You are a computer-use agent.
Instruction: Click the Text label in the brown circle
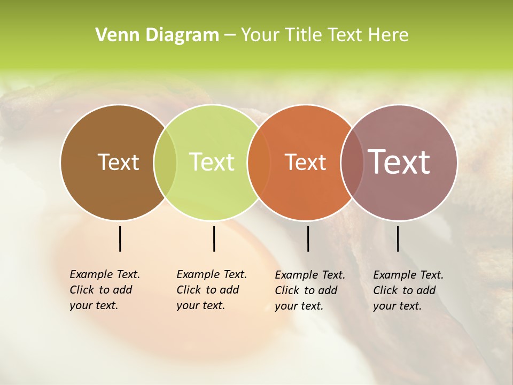pyautogui.click(x=118, y=162)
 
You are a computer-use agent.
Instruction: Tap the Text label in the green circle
pyautogui.click(x=212, y=162)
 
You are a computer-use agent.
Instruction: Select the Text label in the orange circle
pyautogui.click(x=305, y=162)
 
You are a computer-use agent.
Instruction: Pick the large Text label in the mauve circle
pyautogui.click(x=399, y=162)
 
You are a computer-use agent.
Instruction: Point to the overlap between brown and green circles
pyautogui.click(x=165, y=163)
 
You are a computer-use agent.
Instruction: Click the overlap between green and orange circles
pyautogui.click(x=259, y=163)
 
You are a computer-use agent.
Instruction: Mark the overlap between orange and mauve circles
pyautogui.click(x=352, y=163)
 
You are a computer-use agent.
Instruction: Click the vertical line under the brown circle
pyautogui.click(x=120, y=238)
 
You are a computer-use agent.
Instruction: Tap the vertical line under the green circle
pyautogui.click(x=214, y=238)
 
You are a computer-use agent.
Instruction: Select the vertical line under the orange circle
pyautogui.click(x=308, y=238)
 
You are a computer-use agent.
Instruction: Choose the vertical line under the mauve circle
pyautogui.click(x=398, y=238)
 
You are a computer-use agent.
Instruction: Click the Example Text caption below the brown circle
pyautogui.click(x=104, y=290)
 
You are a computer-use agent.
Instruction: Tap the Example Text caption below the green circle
pyautogui.click(x=211, y=290)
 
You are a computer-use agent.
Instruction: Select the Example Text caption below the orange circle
pyautogui.click(x=309, y=290)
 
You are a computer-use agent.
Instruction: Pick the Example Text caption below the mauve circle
pyautogui.click(x=408, y=290)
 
